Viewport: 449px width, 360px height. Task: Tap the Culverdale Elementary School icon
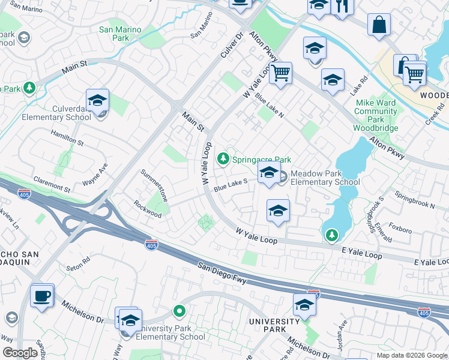tap(97, 103)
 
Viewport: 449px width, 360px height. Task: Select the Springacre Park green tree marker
tap(223, 159)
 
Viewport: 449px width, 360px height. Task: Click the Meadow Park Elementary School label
tap(325, 178)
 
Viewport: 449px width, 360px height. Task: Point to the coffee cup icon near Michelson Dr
tap(42, 296)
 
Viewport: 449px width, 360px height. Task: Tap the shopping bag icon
tap(379, 25)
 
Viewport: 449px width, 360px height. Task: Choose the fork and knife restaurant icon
tap(343, 6)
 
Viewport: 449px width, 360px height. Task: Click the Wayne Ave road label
tap(95, 175)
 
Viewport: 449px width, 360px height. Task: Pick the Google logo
tap(20, 353)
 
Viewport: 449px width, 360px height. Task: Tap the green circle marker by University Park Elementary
tap(179, 311)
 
